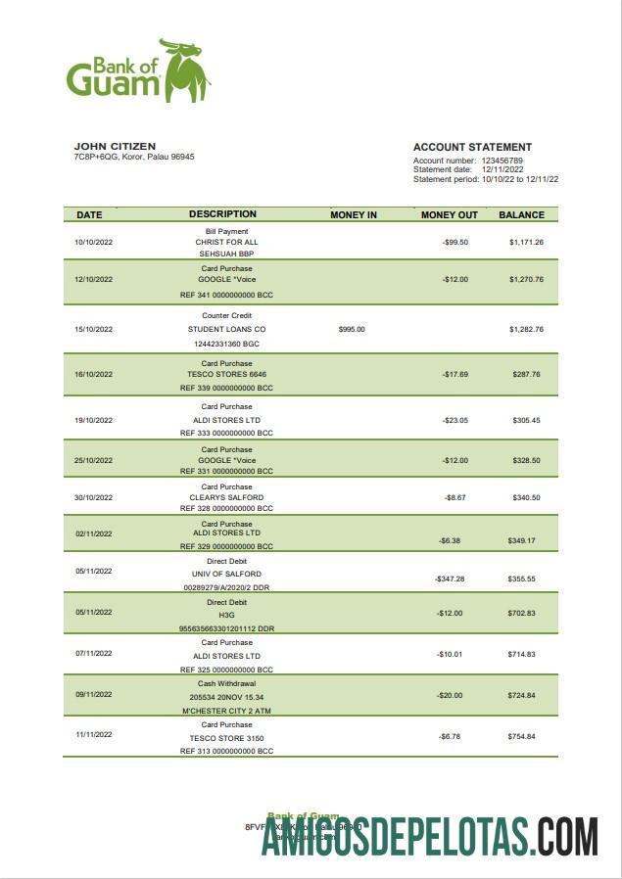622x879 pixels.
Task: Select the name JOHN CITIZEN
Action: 115,147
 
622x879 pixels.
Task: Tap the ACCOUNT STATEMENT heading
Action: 472,147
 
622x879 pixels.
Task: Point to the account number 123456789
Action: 501,160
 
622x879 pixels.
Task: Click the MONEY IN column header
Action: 354,214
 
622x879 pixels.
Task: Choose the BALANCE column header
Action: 521,214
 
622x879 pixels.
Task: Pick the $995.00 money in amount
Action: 352,329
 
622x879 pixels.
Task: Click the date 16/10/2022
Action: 94,374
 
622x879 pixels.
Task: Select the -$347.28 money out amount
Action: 450,578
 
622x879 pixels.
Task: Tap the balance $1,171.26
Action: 526,242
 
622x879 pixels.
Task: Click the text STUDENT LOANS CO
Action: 226,329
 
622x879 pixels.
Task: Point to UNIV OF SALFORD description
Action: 226,574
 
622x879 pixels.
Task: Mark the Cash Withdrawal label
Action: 226,683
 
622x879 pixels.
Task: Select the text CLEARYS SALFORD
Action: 226,497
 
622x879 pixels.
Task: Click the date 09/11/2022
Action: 94,695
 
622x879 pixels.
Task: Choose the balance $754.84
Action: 522,736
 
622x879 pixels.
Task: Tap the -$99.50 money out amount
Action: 455,242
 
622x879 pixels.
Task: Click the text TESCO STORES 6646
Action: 226,374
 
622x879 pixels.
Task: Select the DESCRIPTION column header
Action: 222,214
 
